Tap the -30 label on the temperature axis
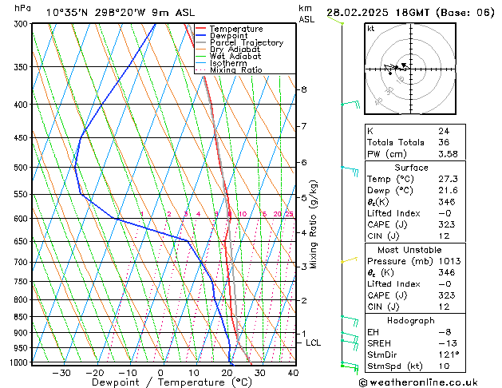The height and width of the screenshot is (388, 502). click(x=61, y=373)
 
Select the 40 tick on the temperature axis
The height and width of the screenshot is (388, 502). click(x=293, y=373)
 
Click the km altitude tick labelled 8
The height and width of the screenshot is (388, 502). click(x=303, y=89)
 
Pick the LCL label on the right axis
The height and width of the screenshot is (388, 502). click(x=314, y=343)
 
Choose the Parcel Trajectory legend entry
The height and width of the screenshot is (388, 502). click(x=246, y=43)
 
